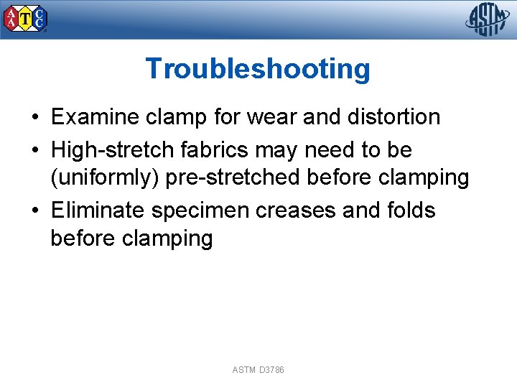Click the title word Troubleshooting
point(258,69)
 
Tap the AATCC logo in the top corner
point(26,19)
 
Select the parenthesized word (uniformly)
point(105,177)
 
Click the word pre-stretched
point(220,177)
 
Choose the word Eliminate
point(98,211)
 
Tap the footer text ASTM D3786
point(258,370)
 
